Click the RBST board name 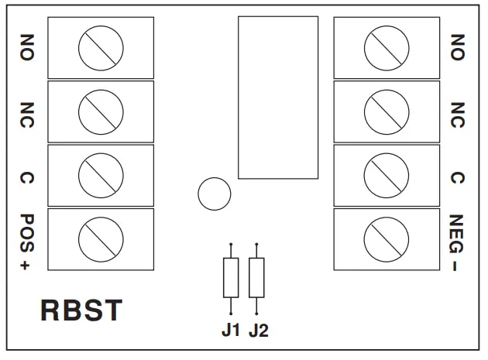click(x=81, y=310)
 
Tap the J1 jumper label click(x=231, y=331)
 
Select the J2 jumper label click(x=258, y=331)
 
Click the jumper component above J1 click(x=231, y=278)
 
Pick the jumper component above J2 click(x=256, y=278)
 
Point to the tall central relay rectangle click(x=277, y=97)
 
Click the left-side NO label click(x=26, y=47)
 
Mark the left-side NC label click(x=26, y=112)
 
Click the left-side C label click(x=26, y=177)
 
